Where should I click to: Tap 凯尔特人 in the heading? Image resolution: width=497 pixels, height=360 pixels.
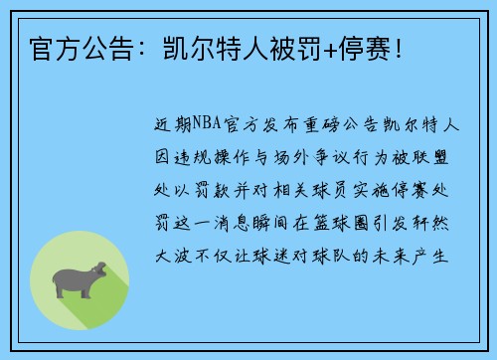[x=173, y=46]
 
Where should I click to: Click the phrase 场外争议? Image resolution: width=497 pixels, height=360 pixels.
[x=314, y=159]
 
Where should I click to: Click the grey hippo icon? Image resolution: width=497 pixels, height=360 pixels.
[x=81, y=278]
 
